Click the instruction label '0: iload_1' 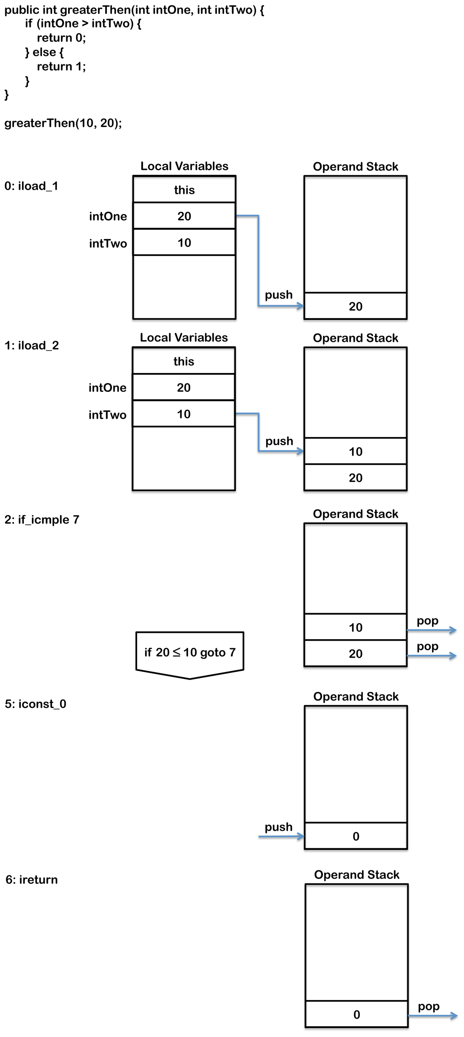pos(31,186)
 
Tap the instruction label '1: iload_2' pos(32,346)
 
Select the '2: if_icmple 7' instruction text pos(42,519)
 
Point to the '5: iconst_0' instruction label pos(36,704)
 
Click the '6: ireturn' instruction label pos(32,879)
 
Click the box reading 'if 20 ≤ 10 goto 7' pos(190,652)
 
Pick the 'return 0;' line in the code pos(61,38)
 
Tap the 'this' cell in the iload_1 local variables pos(184,190)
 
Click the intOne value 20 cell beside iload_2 pos(184,387)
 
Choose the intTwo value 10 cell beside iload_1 pos(184,243)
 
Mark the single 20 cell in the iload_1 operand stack pos(355,306)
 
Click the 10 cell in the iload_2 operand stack pos(355,451)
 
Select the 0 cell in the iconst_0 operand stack pos(356,836)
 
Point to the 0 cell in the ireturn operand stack pos(357,1014)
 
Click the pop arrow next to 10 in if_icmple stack pos(432,630)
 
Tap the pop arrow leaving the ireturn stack pos(432,1015)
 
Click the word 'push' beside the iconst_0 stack pos(279,827)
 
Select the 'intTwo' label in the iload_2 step pos(107,415)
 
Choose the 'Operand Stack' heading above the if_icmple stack pos(355,514)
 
